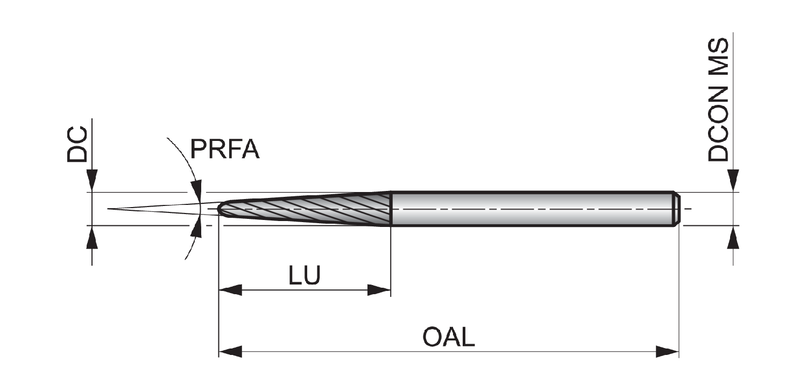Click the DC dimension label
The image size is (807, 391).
tap(77, 144)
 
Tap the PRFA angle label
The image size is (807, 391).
tap(225, 149)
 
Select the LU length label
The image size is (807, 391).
tap(305, 276)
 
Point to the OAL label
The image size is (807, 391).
tap(449, 337)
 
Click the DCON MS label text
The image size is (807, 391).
tap(718, 100)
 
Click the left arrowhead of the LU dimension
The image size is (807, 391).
tap(230, 290)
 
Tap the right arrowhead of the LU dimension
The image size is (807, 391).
tap(379, 290)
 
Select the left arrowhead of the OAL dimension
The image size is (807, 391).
tap(230, 351)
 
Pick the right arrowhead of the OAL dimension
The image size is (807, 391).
tap(667, 351)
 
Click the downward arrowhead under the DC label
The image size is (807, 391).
tap(92, 181)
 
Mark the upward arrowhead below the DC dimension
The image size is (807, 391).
tap(92, 237)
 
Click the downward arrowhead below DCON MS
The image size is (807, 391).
tap(733, 181)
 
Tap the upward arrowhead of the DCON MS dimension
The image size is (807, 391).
tap(733, 237)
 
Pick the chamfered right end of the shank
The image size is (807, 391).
tap(676, 209)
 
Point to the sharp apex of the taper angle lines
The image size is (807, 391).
tap(108, 209)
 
